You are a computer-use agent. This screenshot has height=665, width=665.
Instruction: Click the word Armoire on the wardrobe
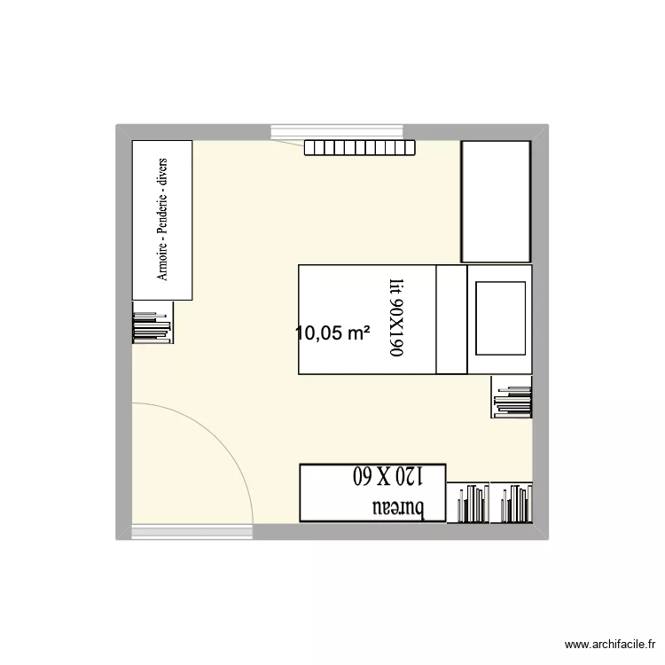pyautogui.click(x=163, y=262)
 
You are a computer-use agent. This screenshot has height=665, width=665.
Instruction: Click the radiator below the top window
pyautogui.click(x=359, y=147)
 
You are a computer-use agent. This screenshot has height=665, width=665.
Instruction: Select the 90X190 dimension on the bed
pyautogui.click(x=395, y=329)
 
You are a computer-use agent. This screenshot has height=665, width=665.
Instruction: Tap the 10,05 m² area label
pyautogui.click(x=332, y=333)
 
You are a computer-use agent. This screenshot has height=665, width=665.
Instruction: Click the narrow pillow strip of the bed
pyautogui.click(x=451, y=319)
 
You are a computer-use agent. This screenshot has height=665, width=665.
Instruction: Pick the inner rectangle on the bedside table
pyautogui.click(x=501, y=317)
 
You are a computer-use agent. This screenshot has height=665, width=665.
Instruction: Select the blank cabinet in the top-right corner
pyautogui.click(x=496, y=200)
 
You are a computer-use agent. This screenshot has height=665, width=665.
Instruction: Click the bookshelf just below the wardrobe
pyautogui.click(x=152, y=322)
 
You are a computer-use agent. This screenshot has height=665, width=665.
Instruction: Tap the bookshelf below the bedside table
pyautogui.click(x=512, y=395)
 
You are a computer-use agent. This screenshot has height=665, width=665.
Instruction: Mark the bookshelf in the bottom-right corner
pyautogui.click(x=512, y=503)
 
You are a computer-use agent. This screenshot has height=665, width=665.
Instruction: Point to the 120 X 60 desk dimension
pyautogui.click(x=387, y=476)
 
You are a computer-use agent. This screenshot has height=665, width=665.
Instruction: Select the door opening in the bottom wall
pyautogui.click(x=192, y=532)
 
